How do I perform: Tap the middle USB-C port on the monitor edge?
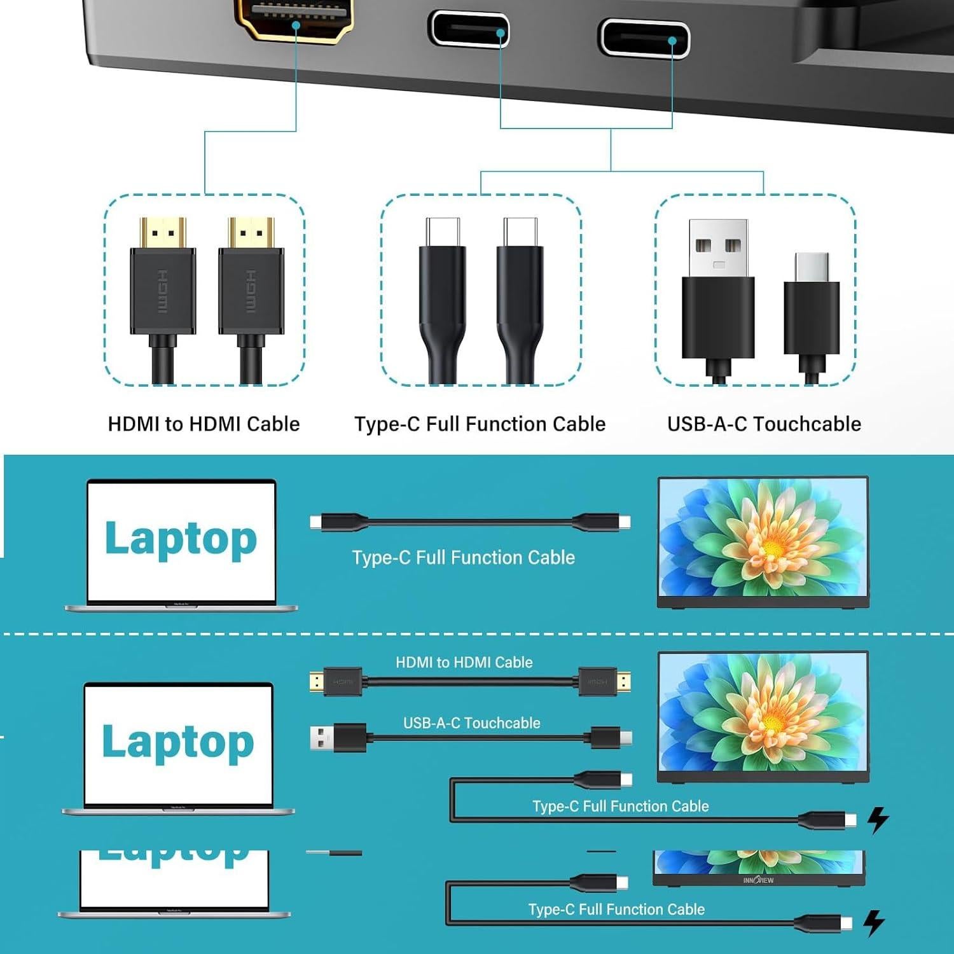point(469,30)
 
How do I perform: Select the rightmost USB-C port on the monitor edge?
point(644,38)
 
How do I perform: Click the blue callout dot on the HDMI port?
point(296,25)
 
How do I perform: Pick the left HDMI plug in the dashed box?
point(163,280)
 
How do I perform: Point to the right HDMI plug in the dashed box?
point(251,280)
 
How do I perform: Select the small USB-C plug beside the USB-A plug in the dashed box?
point(812,305)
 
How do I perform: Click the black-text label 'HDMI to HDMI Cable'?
point(204,424)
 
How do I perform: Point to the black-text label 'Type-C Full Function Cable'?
point(480,424)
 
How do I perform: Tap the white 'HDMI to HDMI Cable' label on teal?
point(464,663)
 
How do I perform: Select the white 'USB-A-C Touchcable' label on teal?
point(471,723)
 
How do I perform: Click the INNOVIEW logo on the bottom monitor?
point(758,880)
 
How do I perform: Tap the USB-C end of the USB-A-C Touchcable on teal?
point(625,738)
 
